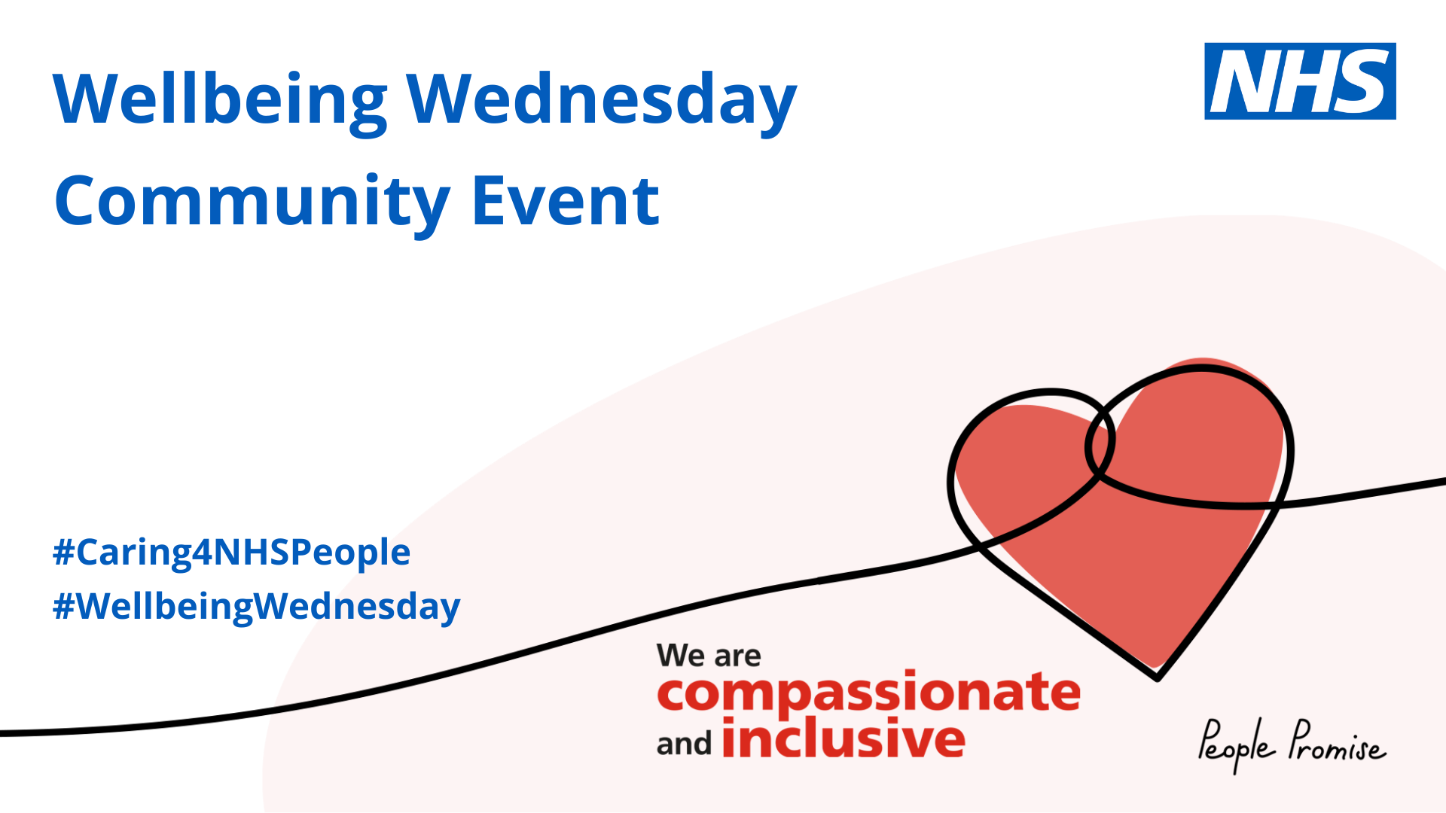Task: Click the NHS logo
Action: [1300, 81]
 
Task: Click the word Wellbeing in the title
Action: [220, 101]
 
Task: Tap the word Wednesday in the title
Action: [602, 101]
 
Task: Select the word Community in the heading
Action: [252, 202]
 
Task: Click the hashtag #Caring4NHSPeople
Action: [231, 553]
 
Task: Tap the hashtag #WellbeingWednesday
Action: [256, 607]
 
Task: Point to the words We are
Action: [709, 656]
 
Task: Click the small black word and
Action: [684, 744]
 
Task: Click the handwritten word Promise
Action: [1337, 741]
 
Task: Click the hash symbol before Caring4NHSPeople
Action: [64, 552]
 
